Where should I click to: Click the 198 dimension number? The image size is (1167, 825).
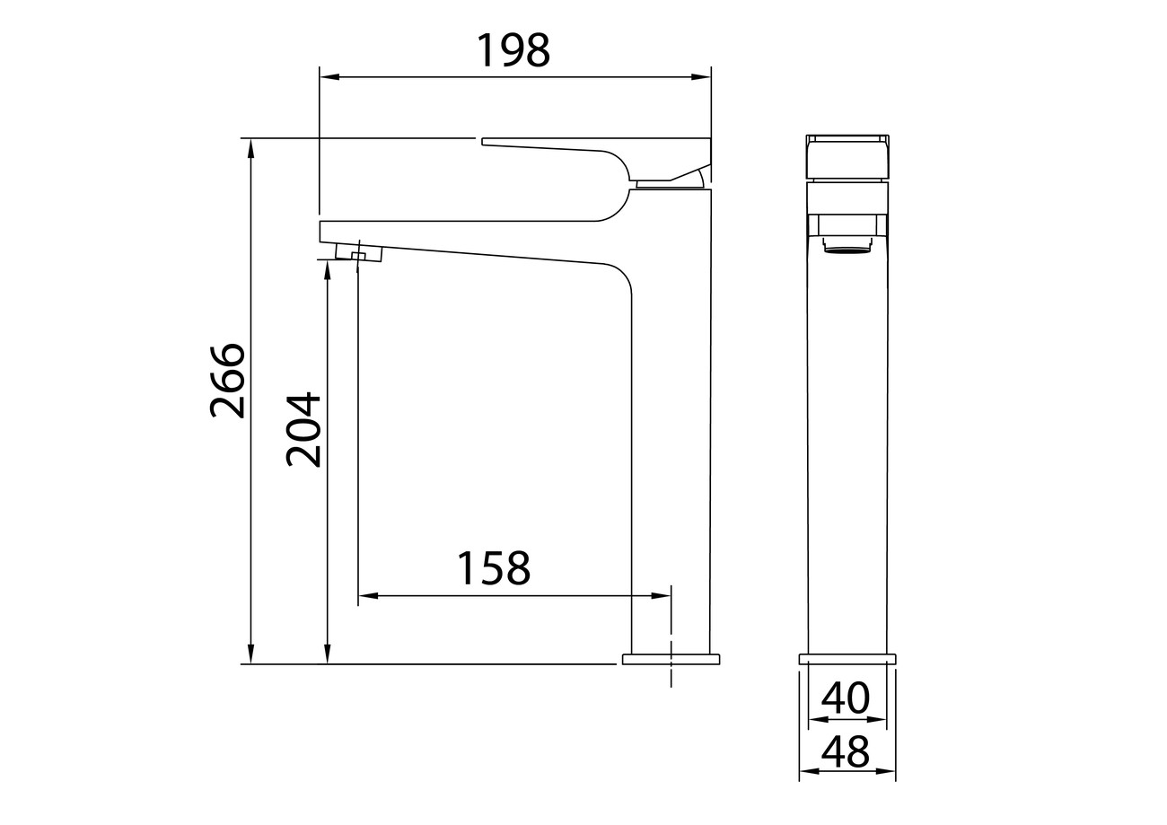click(x=513, y=50)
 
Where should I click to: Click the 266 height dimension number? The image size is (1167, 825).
click(x=228, y=381)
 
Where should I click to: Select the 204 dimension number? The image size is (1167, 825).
click(x=303, y=429)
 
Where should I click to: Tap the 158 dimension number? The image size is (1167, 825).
click(x=494, y=567)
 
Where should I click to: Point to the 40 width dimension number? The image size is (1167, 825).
click(x=846, y=698)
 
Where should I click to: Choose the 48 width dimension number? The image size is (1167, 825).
click(x=846, y=751)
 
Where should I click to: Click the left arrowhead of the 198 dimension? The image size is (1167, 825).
click(x=329, y=77)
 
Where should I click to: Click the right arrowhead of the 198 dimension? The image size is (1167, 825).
click(x=701, y=77)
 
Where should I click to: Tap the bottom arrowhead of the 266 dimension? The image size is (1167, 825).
click(x=250, y=654)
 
